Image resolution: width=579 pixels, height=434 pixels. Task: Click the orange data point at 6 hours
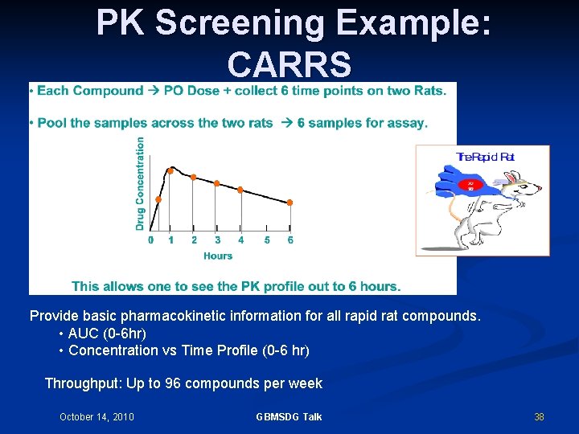click(x=290, y=203)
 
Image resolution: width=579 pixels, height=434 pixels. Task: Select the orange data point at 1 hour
click(x=170, y=170)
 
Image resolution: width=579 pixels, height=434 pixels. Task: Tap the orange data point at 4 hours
click(x=240, y=190)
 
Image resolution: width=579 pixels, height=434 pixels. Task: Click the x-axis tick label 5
click(x=267, y=240)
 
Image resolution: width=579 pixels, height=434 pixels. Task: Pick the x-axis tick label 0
click(x=150, y=240)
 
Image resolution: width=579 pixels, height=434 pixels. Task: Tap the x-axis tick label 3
click(x=217, y=240)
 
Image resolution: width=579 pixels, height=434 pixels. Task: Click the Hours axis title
click(x=218, y=256)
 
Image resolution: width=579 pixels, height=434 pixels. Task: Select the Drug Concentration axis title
click(x=140, y=183)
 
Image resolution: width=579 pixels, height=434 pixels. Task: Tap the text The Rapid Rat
click(x=485, y=158)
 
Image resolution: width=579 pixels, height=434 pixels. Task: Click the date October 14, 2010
click(x=96, y=416)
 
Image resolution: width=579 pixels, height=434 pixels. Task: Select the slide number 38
click(x=539, y=416)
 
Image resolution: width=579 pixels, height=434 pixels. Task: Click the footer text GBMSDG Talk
click(x=289, y=416)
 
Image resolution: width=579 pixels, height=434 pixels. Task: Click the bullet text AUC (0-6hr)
click(x=107, y=333)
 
